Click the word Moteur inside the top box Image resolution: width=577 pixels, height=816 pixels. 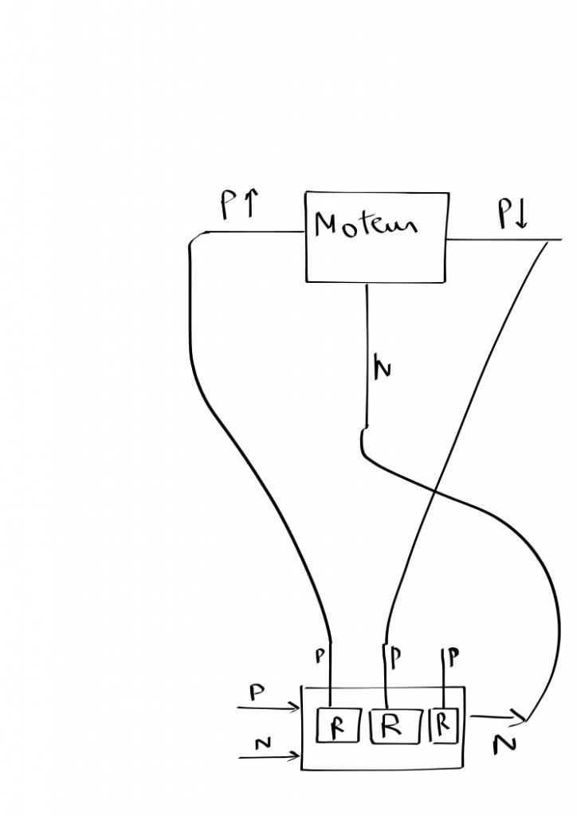pyautogui.click(x=365, y=224)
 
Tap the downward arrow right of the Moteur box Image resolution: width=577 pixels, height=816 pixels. pyautogui.click(x=521, y=216)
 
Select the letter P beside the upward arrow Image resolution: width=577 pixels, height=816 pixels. pyautogui.click(x=228, y=206)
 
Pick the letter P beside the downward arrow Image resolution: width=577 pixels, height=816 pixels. pyautogui.click(x=504, y=214)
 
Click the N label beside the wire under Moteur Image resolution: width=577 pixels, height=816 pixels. pyautogui.click(x=382, y=369)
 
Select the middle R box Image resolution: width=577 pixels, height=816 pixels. pyautogui.click(x=391, y=726)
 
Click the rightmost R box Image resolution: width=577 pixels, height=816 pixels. pyautogui.click(x=444, y=724)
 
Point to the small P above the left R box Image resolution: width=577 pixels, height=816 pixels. pyautogui.click(x=320, y=656)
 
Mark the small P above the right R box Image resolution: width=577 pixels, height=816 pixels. pyautogui.click(x=453, y=657)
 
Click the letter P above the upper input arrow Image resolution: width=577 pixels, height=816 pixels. pyautogui.click(x=257, y=692)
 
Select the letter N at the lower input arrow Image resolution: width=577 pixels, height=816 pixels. pyautogui.click(x=262, y=744)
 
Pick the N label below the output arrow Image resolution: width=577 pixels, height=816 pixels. pyautogui.click(x=504, y=744)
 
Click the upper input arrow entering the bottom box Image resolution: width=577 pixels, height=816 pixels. pyautogui.click(x=268, y=707)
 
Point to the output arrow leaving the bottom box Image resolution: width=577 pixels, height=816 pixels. pyautogui.click(x=497, y=717)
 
